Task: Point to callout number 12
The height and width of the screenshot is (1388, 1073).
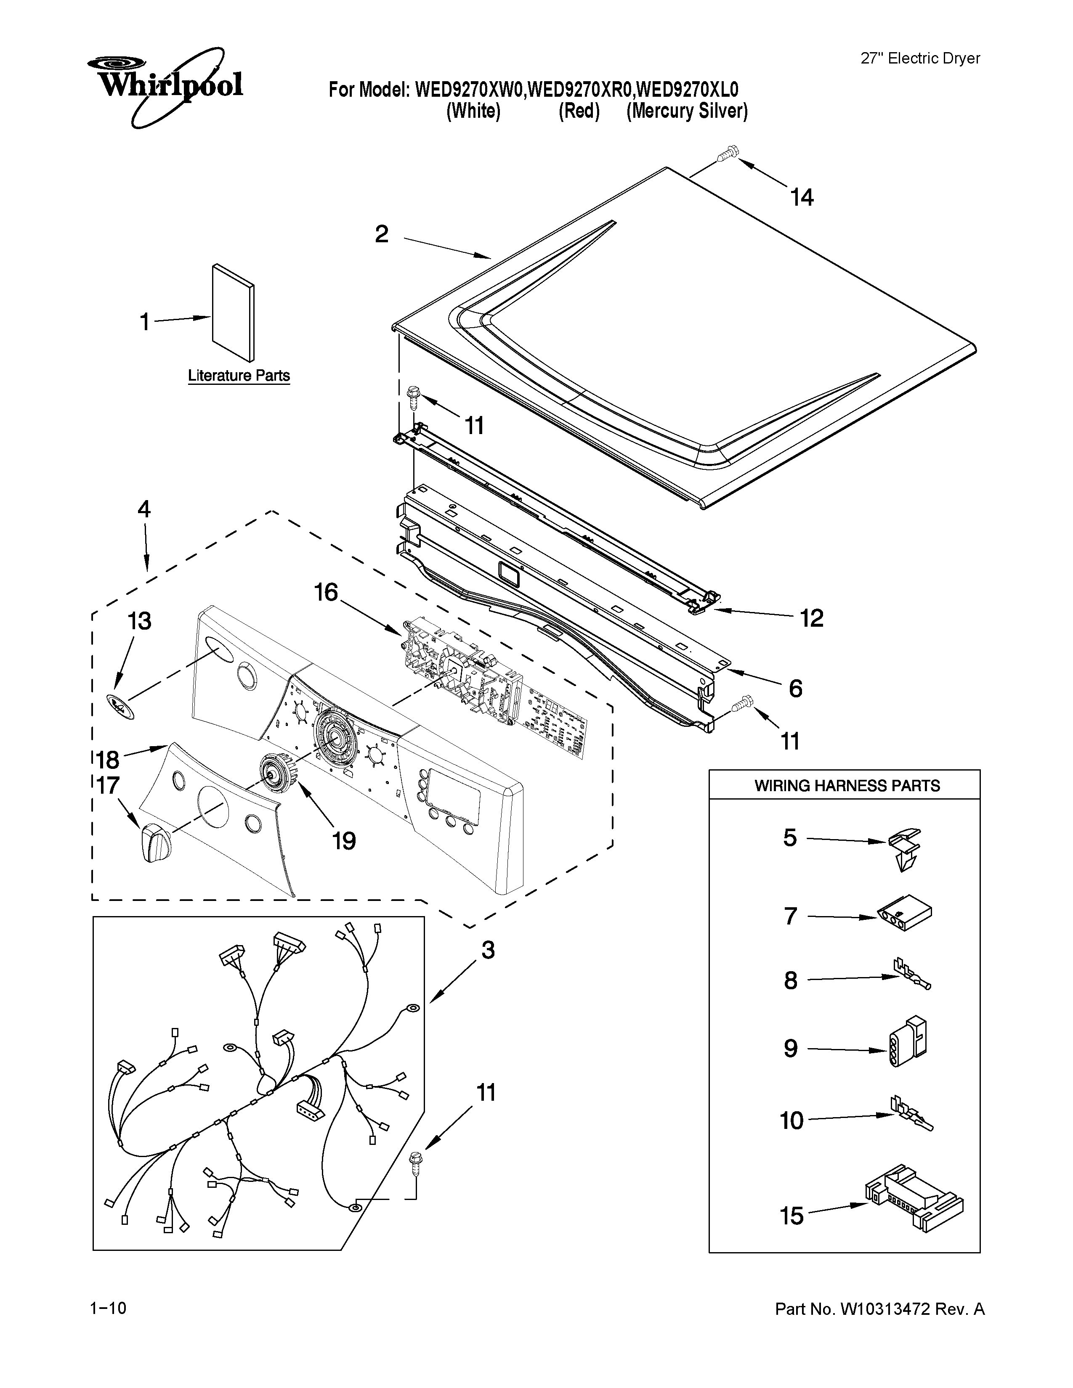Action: click(812, 618)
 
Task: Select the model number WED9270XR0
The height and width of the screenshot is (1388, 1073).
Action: click(580, 89)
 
